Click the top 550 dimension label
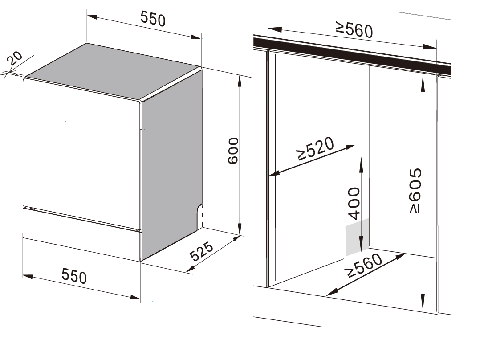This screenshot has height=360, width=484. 153,19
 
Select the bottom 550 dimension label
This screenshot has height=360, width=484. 74,276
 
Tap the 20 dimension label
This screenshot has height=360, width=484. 15,58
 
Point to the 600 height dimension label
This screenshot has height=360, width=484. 233,150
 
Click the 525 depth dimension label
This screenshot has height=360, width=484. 201,251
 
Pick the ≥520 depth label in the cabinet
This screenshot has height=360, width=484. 315,148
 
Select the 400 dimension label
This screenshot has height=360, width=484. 354,203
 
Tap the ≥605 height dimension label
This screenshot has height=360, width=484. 415,190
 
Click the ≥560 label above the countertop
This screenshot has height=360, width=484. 354,30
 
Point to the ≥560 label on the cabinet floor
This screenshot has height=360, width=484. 365,266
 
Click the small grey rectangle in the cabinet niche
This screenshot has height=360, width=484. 357,237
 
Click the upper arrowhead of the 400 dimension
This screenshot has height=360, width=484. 361,164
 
